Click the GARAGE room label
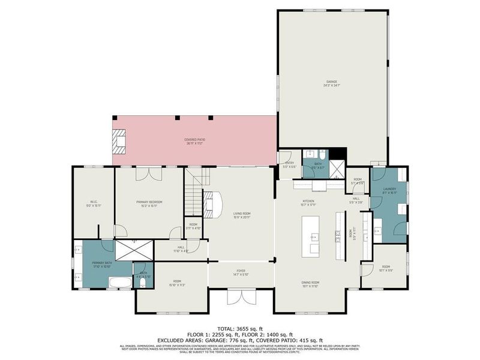(x=331, y=83)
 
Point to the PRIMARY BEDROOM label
(x=149, y=202)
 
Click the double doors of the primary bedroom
(x=148, y=173)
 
